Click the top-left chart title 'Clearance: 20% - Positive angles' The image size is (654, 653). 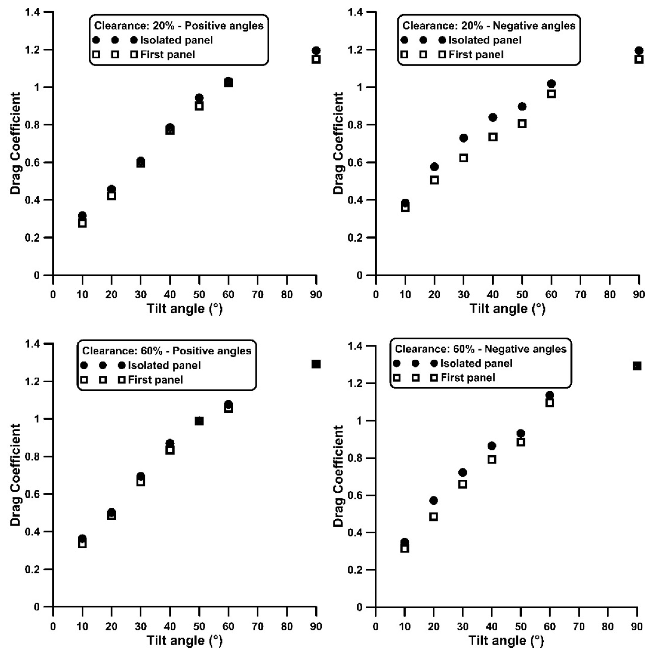pyautogui.click(x=179, y=26)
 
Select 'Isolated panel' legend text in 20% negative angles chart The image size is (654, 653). pyautogui.click(x=485, y=40)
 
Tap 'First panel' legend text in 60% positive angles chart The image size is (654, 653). pyautogui.click(x=155, y=380)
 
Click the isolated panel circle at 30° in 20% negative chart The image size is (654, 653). pyautogui.click(x=463, y=138)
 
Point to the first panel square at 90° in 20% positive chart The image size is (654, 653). pyautogui.click(x=316, y=59)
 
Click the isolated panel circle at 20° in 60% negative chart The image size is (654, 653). pyautogui.click(x=434, y=500)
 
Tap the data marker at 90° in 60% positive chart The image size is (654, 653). pyautogui.click(x=316, y=364)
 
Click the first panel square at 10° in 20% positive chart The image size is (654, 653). pyautogui.click(x=82, y=223)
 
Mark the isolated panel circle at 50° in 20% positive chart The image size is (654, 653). pyautogui.click(x=199, y=98)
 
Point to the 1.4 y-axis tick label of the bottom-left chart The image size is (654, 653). pyautogui.click(x=33, y=344)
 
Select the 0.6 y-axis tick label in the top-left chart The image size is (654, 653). pyautogui.click(x=33, y=163)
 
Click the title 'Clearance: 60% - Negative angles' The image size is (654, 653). pyautogui.click(x=481, y=349)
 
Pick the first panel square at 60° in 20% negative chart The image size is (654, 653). pyautogui.click(x=551, y=94)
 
